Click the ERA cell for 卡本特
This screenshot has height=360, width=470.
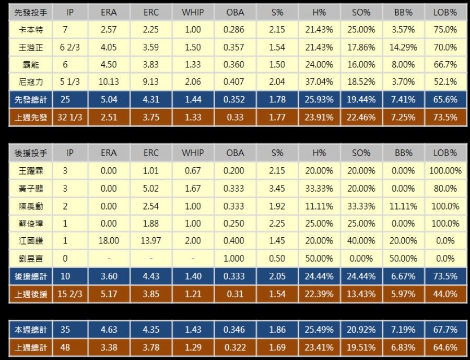109,30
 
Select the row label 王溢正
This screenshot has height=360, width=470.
31,48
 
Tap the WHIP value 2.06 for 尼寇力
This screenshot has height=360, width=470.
193,82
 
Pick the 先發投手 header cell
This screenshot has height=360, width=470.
31,13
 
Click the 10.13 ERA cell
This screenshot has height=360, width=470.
109,82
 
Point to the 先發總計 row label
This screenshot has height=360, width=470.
31,100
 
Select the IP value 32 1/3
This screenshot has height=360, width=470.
70,118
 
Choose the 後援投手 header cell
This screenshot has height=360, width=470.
31,153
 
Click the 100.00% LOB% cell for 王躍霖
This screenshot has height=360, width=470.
445,171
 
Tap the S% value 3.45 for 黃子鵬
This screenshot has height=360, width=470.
277,189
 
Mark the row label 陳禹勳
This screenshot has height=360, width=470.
31,206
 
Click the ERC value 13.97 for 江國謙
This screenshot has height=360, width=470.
151,241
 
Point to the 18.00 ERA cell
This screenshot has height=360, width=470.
109,241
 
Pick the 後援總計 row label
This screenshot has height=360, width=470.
31,276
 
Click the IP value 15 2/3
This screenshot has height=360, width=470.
70,294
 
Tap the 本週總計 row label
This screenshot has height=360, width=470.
31,330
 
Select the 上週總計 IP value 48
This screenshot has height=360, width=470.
70,347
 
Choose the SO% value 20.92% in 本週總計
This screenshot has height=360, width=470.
361,330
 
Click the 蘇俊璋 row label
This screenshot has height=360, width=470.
31,224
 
